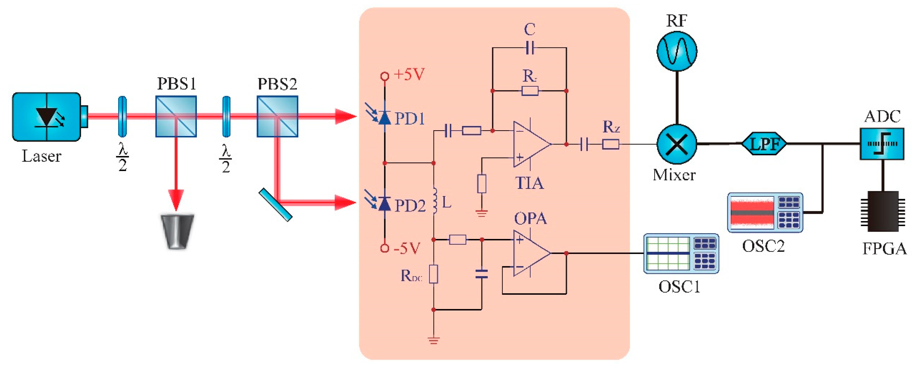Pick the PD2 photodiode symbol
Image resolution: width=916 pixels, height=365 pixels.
pyautogui.click(x=384, y=204)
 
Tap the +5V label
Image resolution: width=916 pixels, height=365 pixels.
pyautogui.click(x=409, y=75)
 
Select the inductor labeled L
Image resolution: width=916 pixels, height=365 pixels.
pyautogui.click(x=434, y=201)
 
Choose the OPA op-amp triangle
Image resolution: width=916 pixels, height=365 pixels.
pyautogui.click(x=530, y=253)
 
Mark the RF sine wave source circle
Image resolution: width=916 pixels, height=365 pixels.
pyautogui.click(x=677, y=51)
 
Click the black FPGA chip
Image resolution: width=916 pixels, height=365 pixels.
pyautogui.click(x=882, y=211)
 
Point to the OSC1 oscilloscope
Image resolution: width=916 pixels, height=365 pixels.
pyautogui.click(x=681, y=253)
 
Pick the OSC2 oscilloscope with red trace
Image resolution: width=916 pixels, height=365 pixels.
pyautogui.click(x=765, y=213)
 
